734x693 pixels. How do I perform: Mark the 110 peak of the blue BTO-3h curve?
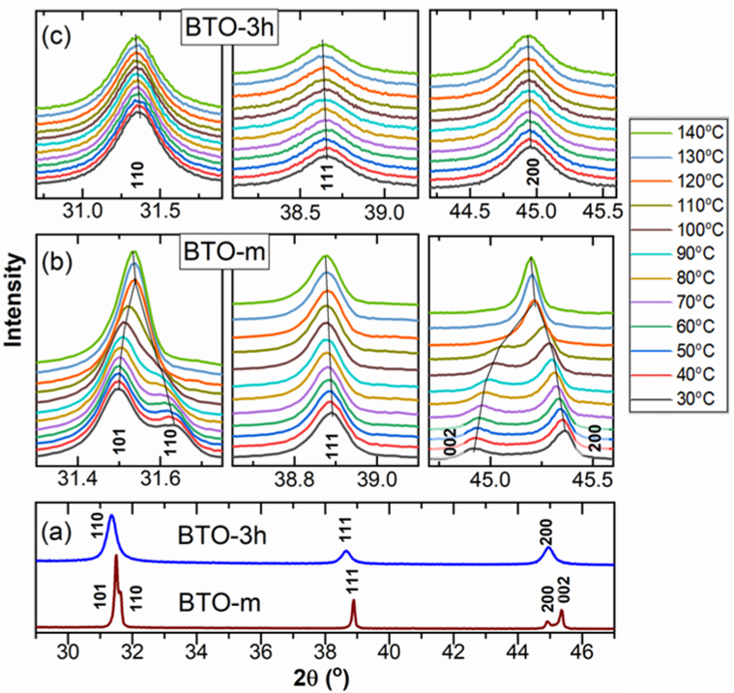point(112,517)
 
